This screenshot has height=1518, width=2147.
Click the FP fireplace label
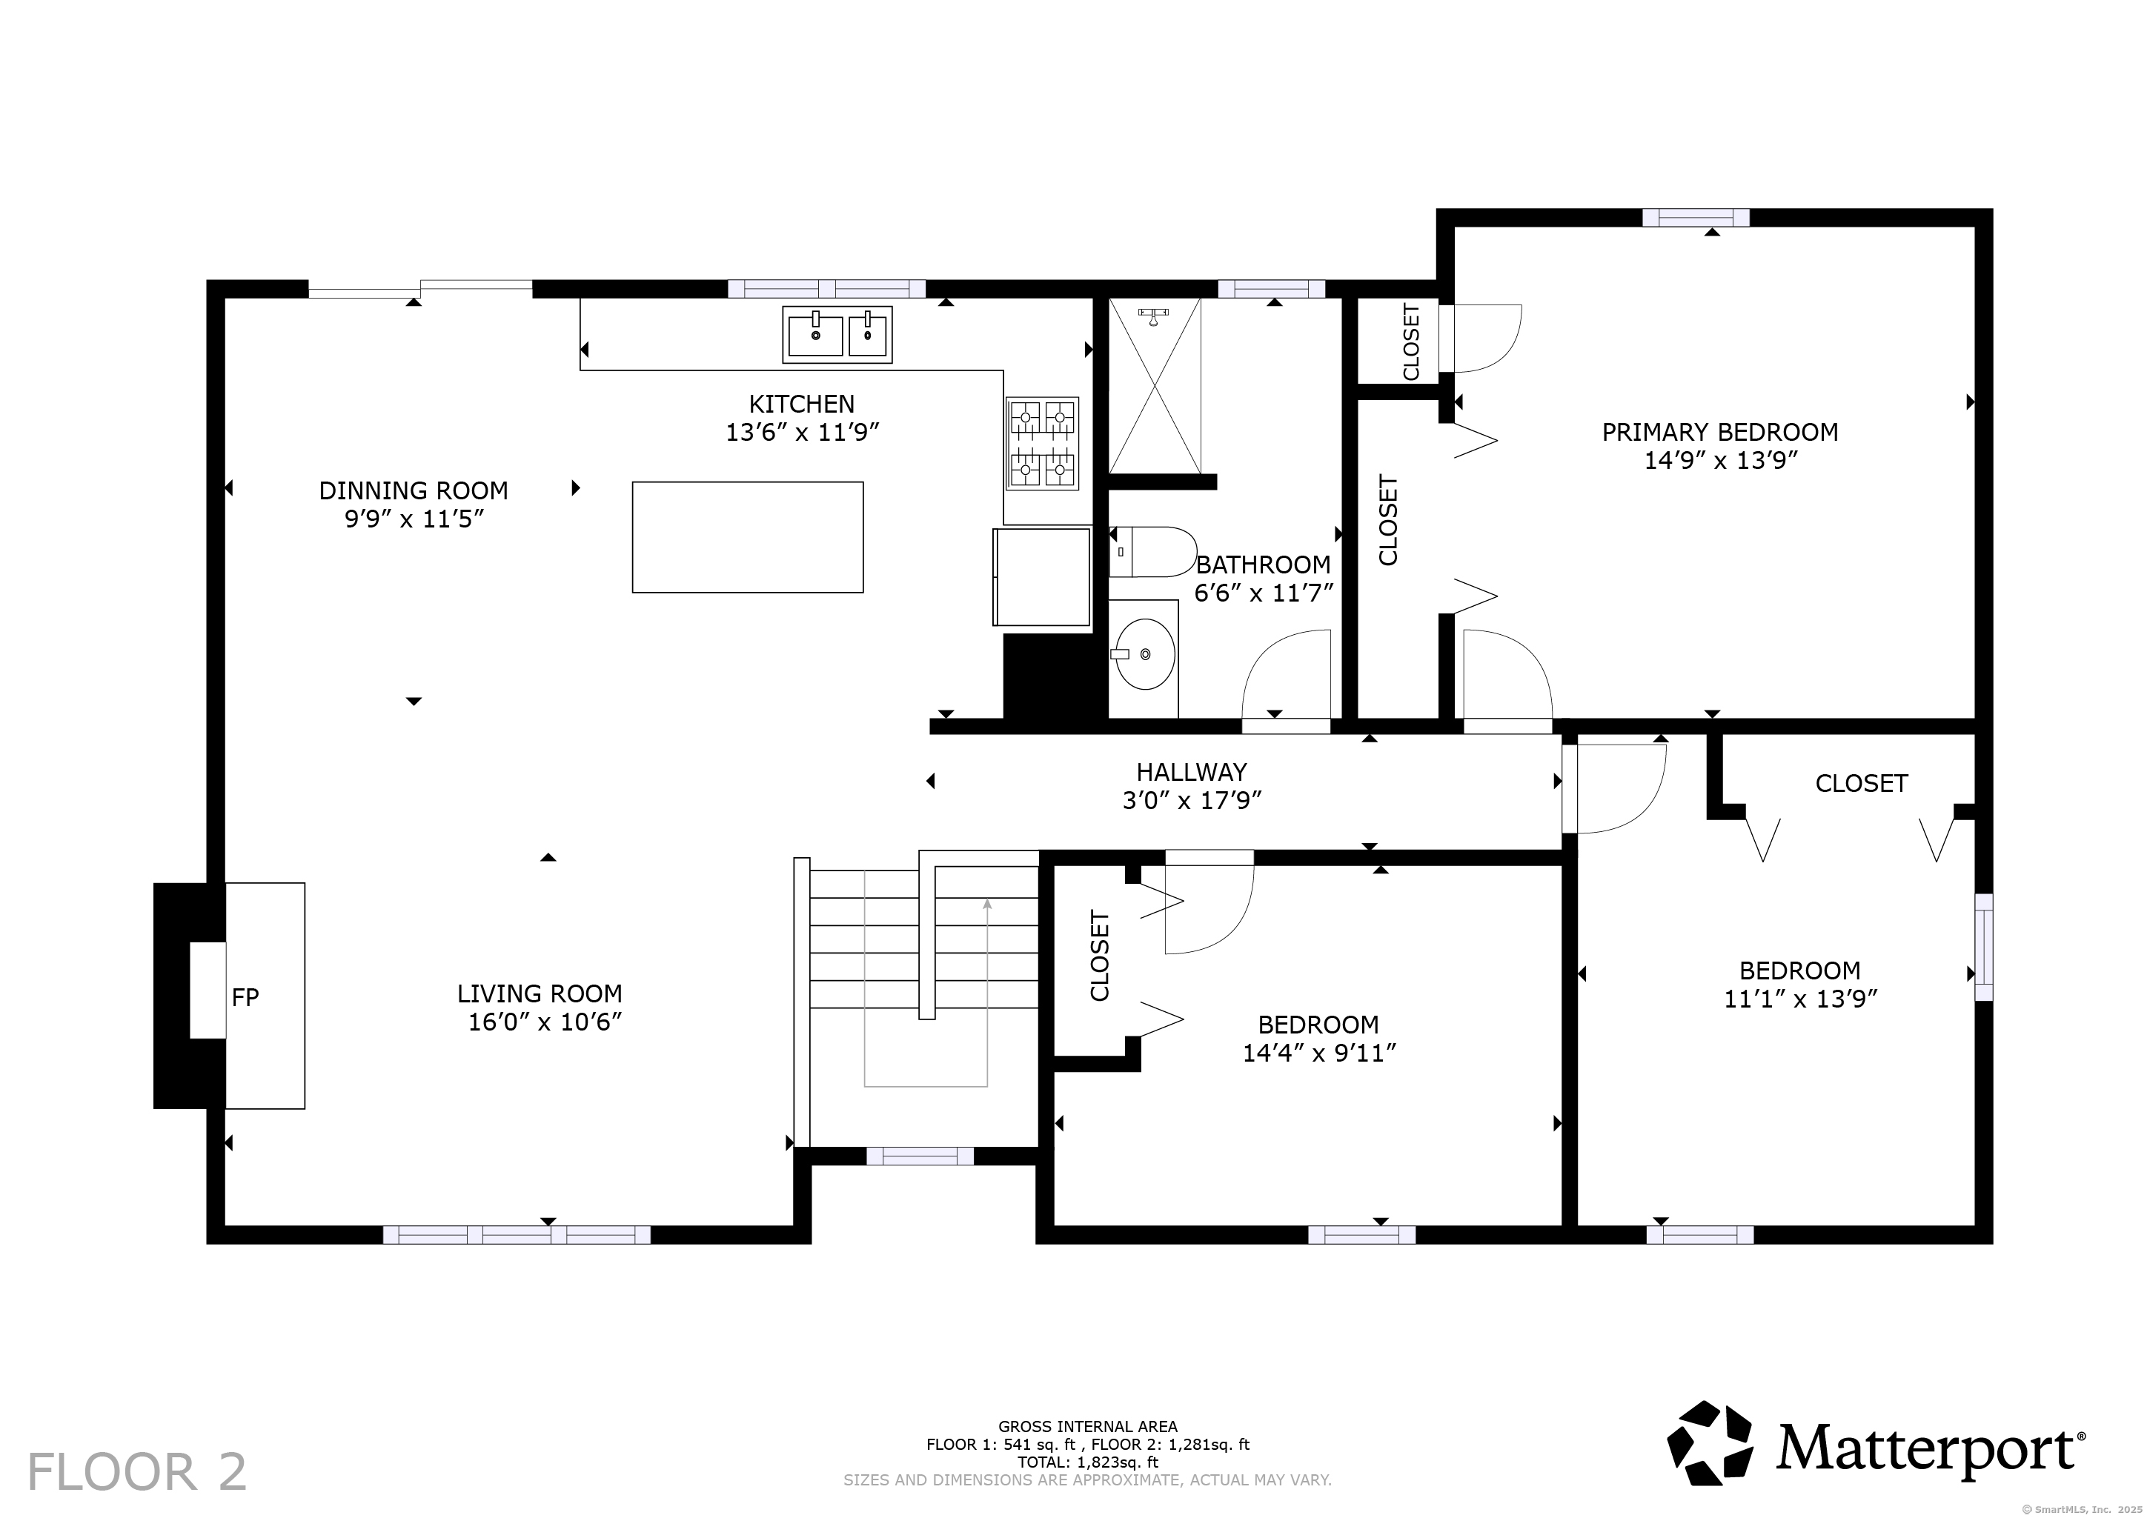point(245,997)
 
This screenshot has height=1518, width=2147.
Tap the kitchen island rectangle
point(747,537)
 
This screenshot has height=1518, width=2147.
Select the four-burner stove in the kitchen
point(1042,444)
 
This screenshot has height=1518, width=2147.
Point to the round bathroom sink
point(1144,653)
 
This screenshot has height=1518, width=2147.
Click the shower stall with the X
point(1155,386)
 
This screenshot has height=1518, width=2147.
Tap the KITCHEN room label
point(801,404)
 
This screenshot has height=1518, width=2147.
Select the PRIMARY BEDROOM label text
point(1719,432)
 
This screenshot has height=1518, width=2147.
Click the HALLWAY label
point(1191,772)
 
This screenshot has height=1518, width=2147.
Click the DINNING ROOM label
point(414,490)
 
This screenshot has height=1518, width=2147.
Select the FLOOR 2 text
point(137,1472)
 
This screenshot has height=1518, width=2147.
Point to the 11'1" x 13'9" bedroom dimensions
point(1801,998)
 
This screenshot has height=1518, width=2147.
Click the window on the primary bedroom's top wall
point(1696,218)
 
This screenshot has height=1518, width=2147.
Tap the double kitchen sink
point(837,333)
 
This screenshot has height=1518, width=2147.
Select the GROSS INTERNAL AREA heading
point(1087,1426)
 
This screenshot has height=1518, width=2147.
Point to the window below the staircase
point(920,1156)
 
